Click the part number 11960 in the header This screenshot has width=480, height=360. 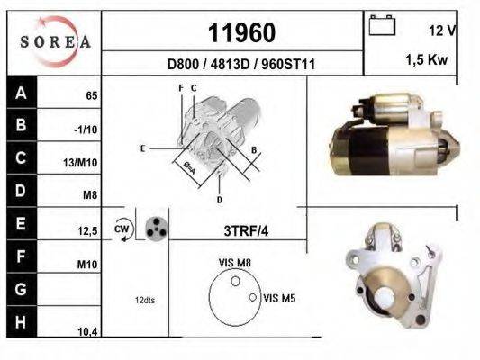240,33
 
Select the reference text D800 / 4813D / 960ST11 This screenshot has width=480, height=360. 241,65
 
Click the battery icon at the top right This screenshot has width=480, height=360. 383,28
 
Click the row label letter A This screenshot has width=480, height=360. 21,93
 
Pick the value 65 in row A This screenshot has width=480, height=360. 91,94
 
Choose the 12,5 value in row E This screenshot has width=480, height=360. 88,231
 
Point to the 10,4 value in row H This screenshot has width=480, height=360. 88,332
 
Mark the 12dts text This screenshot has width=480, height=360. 144,299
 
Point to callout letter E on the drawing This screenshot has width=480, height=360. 142,147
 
